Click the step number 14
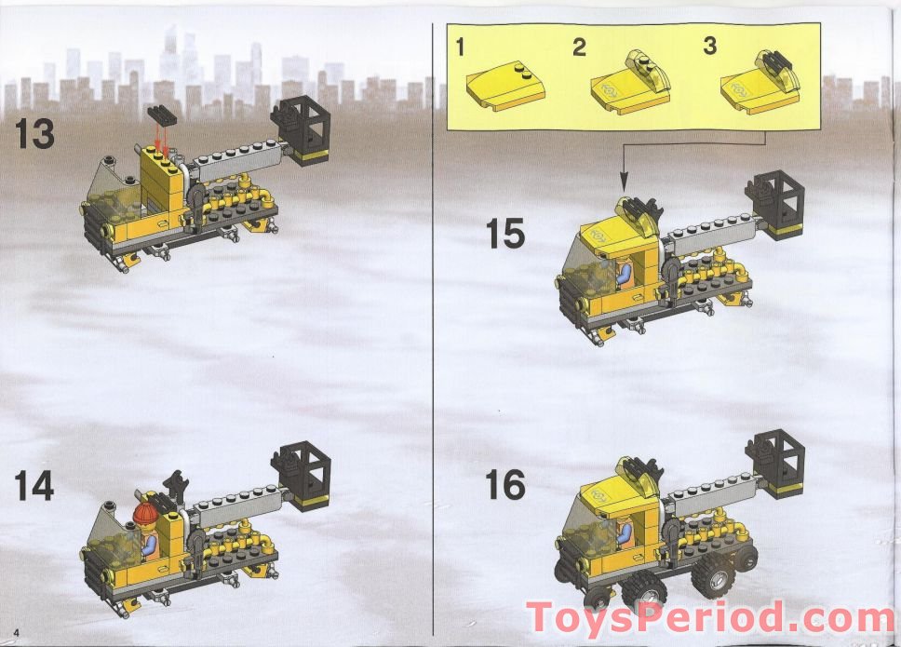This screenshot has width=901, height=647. point(34,487)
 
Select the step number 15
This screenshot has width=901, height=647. point(505,233)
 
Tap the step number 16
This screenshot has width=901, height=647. point(504,485)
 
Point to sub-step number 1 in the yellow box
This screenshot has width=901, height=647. point(460,47)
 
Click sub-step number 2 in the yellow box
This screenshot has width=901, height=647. point(579,47)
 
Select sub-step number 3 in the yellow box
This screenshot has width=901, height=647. point(710,47)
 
